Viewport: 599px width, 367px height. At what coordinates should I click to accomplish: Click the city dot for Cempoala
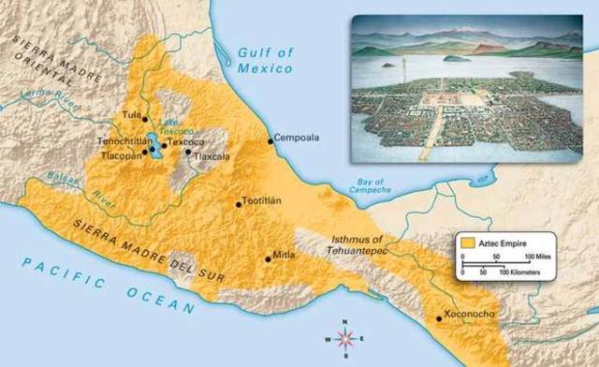coord(270,140)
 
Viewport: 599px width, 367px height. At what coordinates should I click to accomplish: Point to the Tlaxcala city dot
coord(188,152)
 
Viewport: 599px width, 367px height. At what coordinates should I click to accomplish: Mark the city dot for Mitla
coord(268,257)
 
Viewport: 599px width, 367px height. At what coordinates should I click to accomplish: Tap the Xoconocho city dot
coord(440,318)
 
